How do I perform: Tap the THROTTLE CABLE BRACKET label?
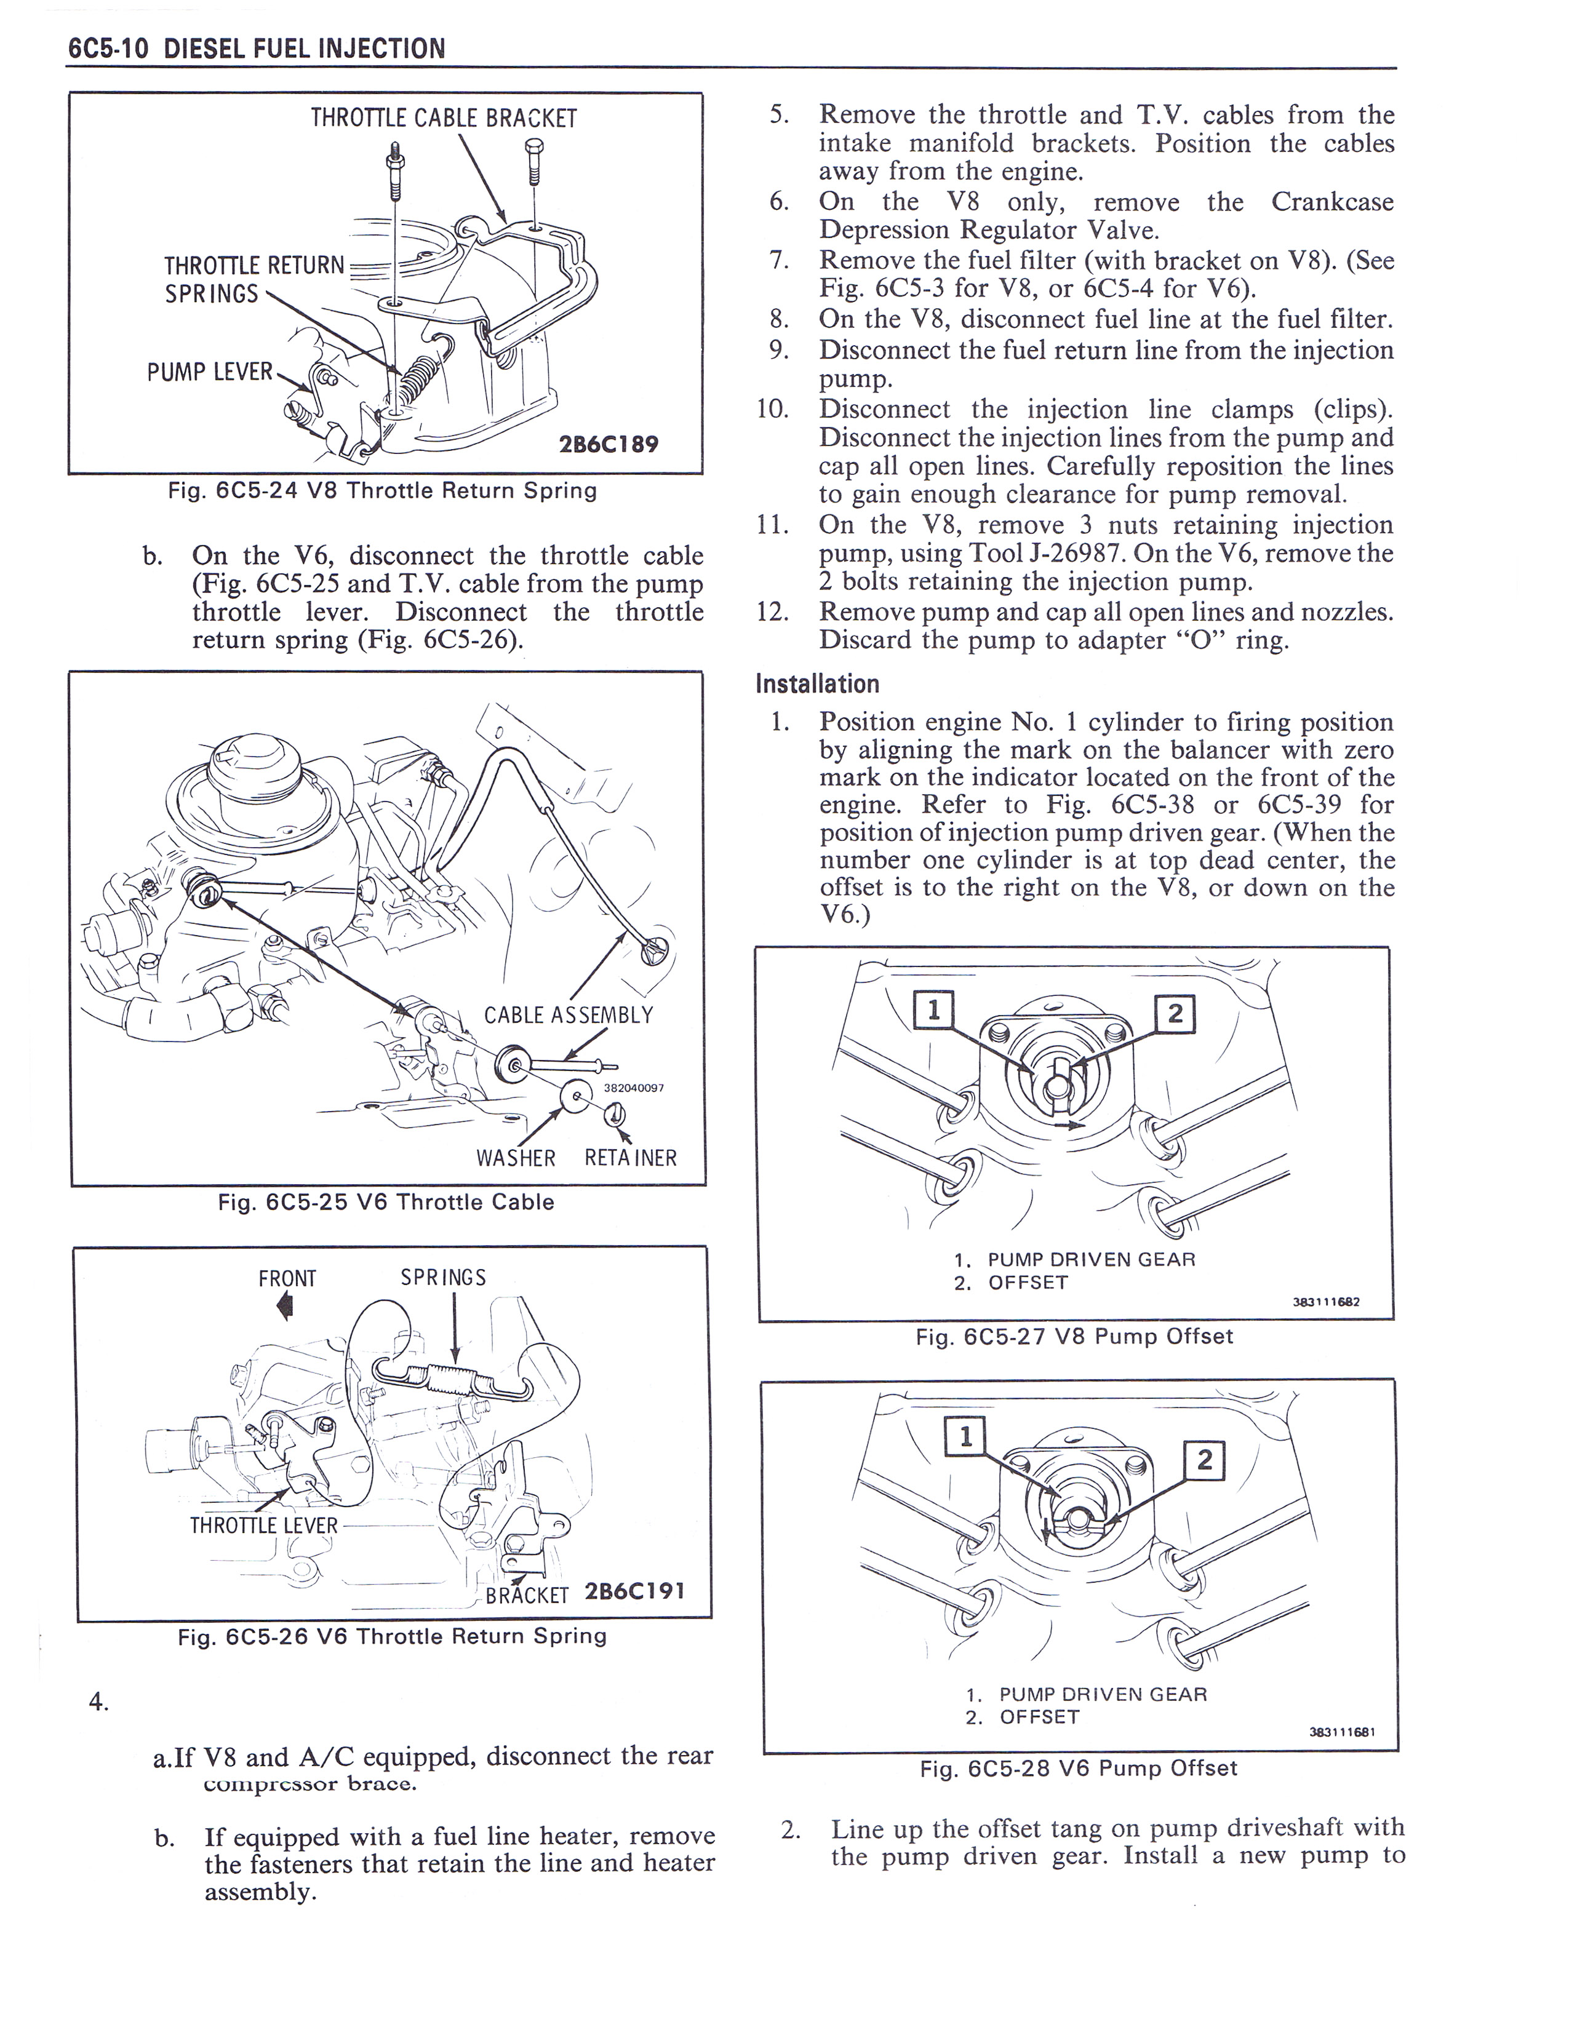[444, 119]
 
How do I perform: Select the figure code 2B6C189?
[608, 444]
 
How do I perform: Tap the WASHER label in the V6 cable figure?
[515, 1158]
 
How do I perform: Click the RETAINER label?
[630, 1158]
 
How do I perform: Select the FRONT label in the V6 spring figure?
[287, 1279]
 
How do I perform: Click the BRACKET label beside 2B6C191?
[527, 1596]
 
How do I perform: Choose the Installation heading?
[817, 684]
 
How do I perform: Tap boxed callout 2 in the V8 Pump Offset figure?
[1174, 1014]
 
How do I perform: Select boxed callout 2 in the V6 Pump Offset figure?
[1205, 1461]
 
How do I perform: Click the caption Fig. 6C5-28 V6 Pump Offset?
[1078, 1768]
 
